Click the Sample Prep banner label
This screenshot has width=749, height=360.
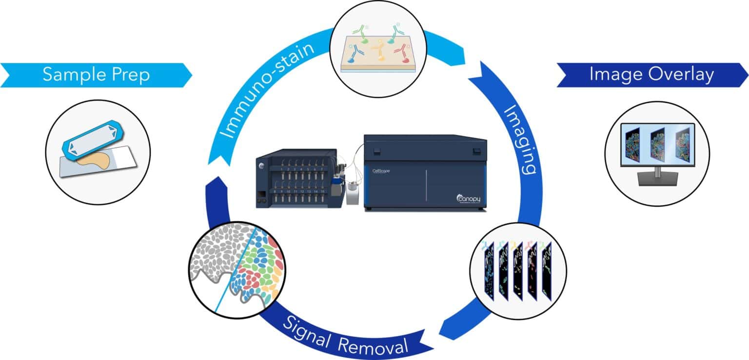point(96,75)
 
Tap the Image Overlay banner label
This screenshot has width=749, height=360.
point(651,75)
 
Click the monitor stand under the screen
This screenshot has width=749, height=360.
point(657,176)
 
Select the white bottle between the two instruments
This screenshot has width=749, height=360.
point(352,193)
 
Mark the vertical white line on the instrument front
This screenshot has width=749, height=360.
point(426,185)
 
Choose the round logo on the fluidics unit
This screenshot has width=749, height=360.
point(261,165)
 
